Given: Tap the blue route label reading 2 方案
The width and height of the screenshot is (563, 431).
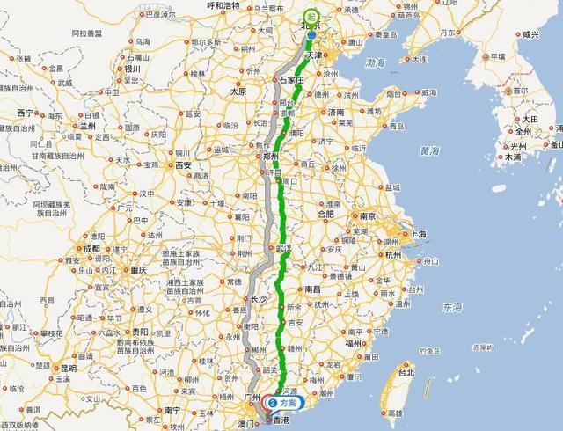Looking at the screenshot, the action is tap(283, 402).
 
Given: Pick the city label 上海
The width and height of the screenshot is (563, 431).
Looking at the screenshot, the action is tap(417, 234).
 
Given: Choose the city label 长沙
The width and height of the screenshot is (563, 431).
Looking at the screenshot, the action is tap(260, 299).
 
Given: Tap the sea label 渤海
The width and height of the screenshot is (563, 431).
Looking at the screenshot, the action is tap(376, 63).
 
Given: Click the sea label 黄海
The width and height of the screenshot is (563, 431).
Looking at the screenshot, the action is tap(429, 151).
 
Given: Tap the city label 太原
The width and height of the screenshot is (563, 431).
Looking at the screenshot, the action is tap(238, 91).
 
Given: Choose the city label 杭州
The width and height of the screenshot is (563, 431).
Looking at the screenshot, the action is tap(392, 255).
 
